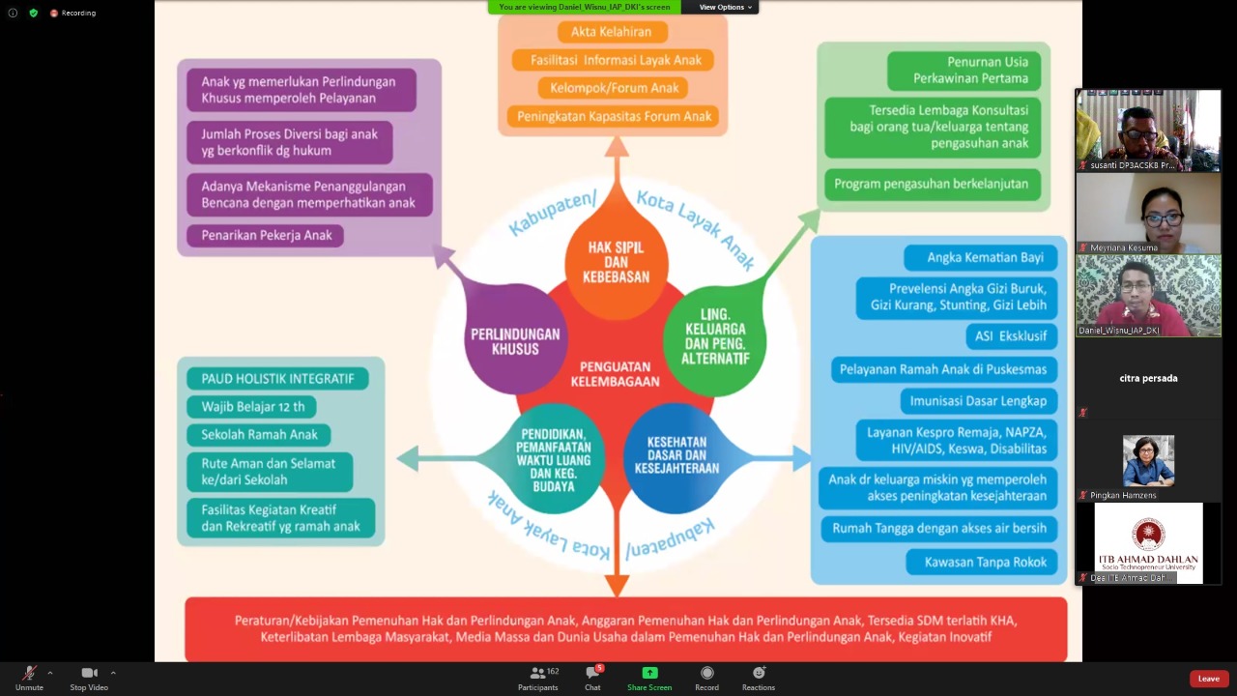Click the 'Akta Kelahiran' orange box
click(611, 32)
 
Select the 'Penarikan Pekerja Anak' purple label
click(266, 235)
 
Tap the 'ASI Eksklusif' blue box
click(1011, 335)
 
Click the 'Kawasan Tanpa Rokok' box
click(985, 562)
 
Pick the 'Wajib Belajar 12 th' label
click(252, 406)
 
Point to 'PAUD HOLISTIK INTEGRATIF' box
click(277, 378)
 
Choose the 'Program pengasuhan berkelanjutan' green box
click(931, 184)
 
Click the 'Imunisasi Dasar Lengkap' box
click(978, 400)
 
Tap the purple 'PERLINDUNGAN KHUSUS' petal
click(515, 340)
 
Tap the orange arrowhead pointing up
click(616, 147)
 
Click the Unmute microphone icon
click(29, 673)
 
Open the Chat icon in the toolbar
click(592, 673)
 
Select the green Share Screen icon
click(649, 673)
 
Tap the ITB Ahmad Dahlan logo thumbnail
click(1148, 542)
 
